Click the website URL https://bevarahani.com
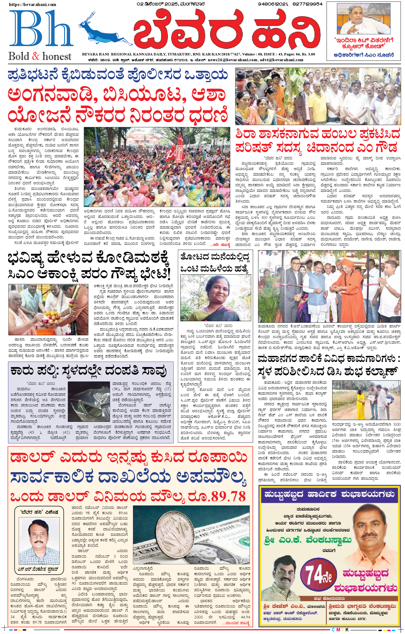33,4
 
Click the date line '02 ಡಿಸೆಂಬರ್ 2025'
157,4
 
